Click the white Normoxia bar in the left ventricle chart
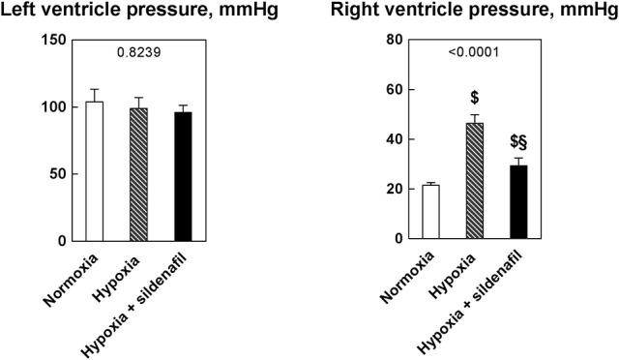click(94, 171)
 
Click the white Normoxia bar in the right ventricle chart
click(430, 212)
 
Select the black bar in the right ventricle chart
click(519, 202)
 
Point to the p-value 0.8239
click(139, 55)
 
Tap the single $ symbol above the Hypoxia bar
click(475, 98)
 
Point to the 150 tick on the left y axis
click(56, 40)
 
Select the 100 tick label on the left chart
click(56, 106)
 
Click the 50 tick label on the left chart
click(60, 174)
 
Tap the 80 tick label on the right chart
click(394, 40)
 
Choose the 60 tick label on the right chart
click(394, 90)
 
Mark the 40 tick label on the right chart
click(394, 139)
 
